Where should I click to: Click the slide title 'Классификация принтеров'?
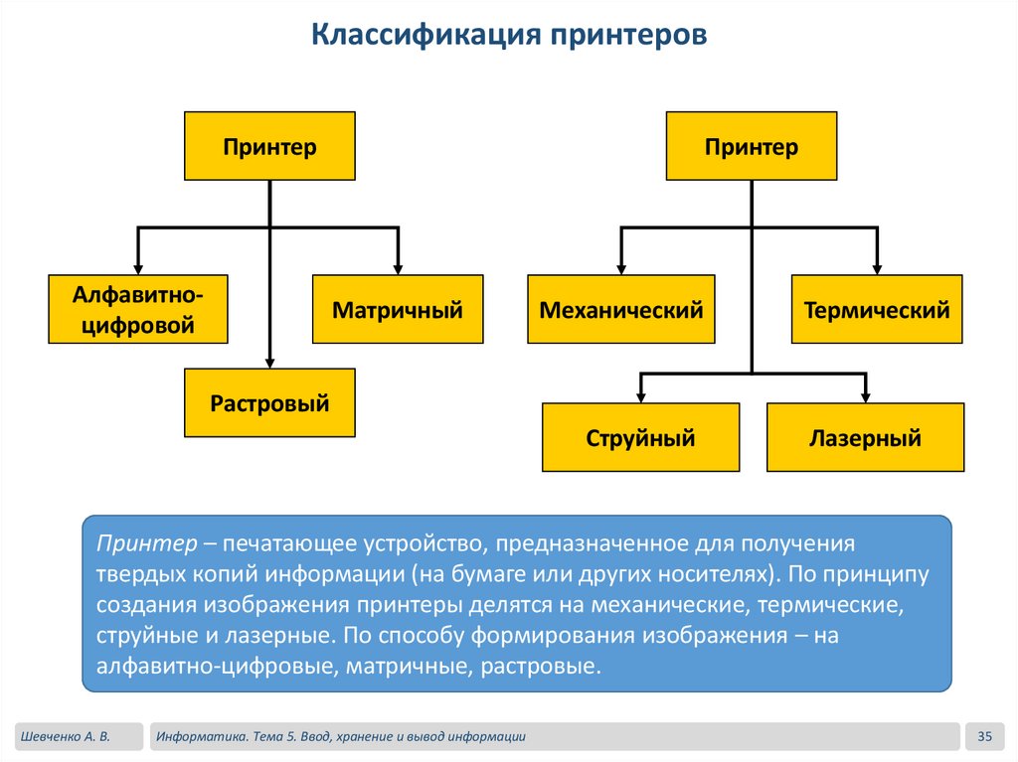pyautogui.click(x=509, y=35)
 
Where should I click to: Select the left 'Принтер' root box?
pyautogui.click(x=269, y=146)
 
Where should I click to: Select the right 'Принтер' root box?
pyautogui.click(x=751, y=146)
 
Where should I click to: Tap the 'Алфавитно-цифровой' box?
pyautogui.click(x=138, y=309)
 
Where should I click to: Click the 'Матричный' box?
pyautogui.click(x=398, y=309)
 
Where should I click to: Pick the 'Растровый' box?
pyautogui.click(x=269, y=402)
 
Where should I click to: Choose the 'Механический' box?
pyautogui.click(x=620, y=309)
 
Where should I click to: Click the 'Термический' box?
pyautogui.click(x=877, y=309)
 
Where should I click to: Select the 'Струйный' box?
pyautogui.click(x=640, y=437)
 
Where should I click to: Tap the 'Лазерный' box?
pyautogui.click(x=865, y=437)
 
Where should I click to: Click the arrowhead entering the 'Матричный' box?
pyautogui.click(x=398, y=268)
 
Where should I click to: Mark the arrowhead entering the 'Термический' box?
pyautogui.click(x=877, y=268)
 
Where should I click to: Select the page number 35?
pyautogui.click(x=985, y=736)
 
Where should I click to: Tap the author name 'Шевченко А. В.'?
pyautogui.click(x=63, y=736)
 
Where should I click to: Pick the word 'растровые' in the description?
pyautogui.click(x=541, y=665)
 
